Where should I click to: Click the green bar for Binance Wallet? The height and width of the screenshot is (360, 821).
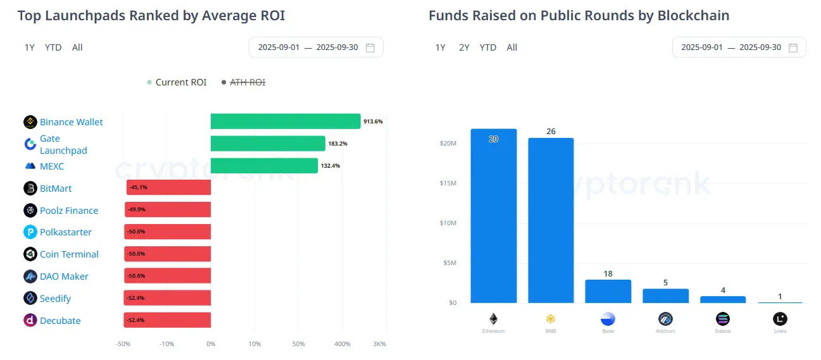(x=285, y=121)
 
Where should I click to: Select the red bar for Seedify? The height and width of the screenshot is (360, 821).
(x=167, y=298)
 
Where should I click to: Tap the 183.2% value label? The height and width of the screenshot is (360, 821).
(x=337, y=144)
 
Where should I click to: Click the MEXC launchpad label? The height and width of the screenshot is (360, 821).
(x=52, y=166)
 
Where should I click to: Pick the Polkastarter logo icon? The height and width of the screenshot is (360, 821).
(x=30, y=232)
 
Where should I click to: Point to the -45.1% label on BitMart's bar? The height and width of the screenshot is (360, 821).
(x=138, y=188)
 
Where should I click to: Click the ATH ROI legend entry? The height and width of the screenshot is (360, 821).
(x=247, y=82)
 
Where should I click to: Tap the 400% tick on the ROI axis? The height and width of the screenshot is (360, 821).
(x=342, y=344)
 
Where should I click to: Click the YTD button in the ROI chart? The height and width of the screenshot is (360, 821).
(x=53, y=47)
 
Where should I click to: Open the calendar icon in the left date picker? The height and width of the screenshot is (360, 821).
(x=371, y=47)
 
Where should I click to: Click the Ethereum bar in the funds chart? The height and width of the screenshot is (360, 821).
(x=493, y=215)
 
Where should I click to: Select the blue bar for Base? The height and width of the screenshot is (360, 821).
(x=608, y=291)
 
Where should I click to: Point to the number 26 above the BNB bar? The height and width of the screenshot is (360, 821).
(x=551, y=132)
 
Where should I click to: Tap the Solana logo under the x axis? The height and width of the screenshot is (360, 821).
(x=722, y=319)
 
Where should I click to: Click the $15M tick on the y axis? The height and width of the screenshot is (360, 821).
(x=448, y=183)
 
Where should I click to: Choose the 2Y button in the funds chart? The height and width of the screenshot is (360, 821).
(x=464, y=47)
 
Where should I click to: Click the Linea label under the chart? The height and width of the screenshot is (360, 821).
(x=780, y=331)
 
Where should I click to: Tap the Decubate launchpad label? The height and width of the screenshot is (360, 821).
(x=60, y=321)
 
